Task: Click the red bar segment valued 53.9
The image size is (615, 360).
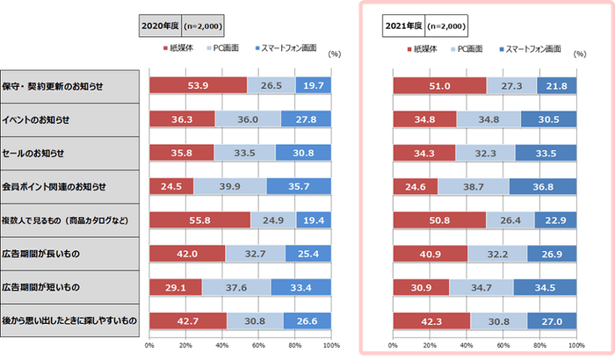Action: (x=198, y=85)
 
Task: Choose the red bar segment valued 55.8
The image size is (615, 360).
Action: (x=199, y=220)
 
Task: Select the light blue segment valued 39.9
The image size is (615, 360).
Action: (x=230, y=186)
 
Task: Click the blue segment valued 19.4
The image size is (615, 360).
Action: (x=314, y=220)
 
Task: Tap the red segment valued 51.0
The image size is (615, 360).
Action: (x=439, y=85)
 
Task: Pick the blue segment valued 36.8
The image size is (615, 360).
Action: (x=542, y=186)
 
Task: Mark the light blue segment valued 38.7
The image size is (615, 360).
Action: (x=473, y=186)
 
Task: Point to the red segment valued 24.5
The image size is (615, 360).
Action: (x=171, y=186)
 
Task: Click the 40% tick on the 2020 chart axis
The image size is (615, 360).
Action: (x=222, y=346)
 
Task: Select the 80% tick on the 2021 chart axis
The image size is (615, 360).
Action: (x=539, y=346)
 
